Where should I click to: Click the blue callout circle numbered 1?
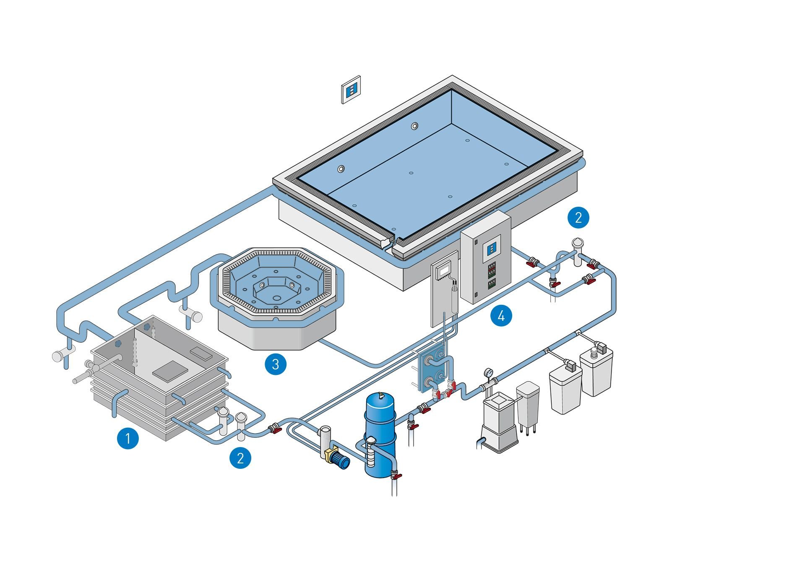(128, 438)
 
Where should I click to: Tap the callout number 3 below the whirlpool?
(276, 364)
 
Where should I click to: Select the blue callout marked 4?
(501, 315)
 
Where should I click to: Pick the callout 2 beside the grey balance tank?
(240, 457)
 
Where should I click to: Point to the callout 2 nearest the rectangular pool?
(578, 218)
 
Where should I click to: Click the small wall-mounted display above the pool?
(351, 89)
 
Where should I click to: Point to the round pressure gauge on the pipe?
(488, 372)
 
